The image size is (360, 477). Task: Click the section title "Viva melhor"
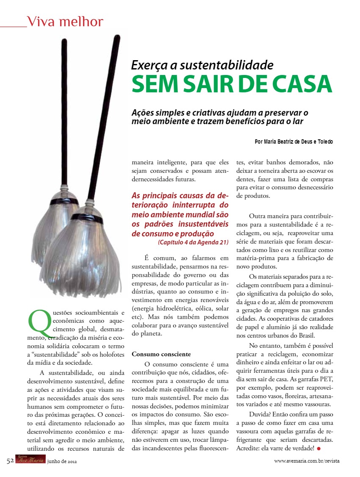tap(64, 21)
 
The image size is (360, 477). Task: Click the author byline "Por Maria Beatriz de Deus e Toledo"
tap(294, 141)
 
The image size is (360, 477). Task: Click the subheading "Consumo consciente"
tap(161, 354)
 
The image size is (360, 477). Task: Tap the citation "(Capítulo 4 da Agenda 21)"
tap(193, 242)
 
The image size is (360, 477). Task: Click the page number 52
tap(11, 461)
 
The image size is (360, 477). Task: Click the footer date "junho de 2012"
tap(62, 461)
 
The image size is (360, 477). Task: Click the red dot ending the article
tap(318, 448)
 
